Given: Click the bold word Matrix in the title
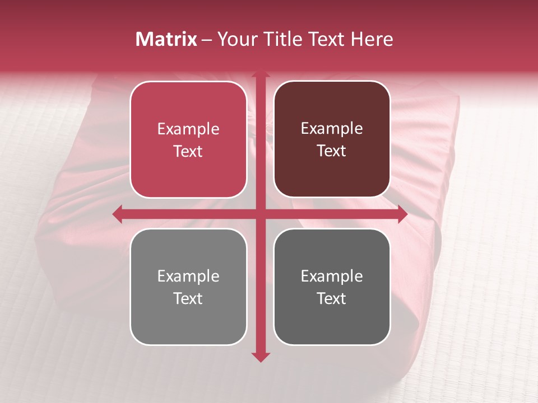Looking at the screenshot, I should (x=166, y=39).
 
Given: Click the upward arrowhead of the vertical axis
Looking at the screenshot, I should (x=260, y=73).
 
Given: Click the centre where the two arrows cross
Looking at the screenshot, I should (x=260, y=214).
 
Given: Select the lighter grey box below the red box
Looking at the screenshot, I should (x=188, y=319).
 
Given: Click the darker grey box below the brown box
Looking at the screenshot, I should (x=332, y=319).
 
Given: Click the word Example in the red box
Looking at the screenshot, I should (x=188, y=129).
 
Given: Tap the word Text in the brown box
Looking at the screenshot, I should (x=332, y=151).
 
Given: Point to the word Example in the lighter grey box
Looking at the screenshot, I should (x=188, y=277).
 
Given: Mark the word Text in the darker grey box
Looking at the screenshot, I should (x=332, y=298).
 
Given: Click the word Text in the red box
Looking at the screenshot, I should (x=188, y=152).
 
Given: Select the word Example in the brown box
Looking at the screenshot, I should (x=332, y=129).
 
